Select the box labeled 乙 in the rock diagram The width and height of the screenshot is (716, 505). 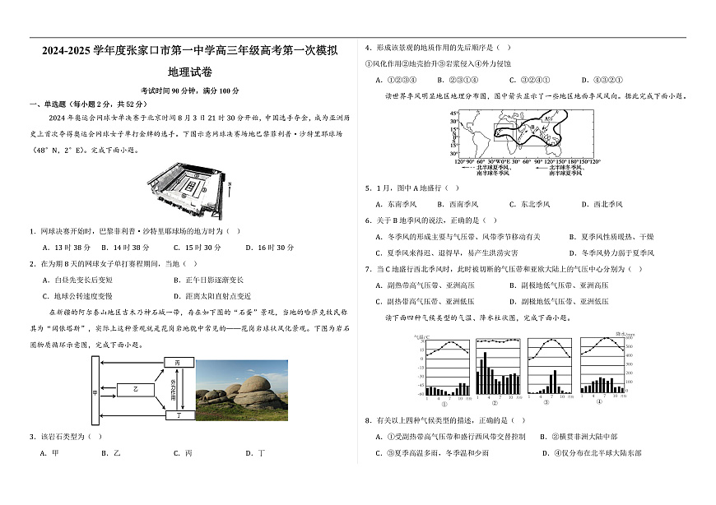pos(136,388)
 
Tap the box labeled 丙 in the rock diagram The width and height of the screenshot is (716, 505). pos(178,363)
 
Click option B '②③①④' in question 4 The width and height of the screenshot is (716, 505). pos(452,80)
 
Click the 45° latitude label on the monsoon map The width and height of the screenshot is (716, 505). pos(453,121)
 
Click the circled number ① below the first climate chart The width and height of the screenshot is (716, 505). pos(445,403)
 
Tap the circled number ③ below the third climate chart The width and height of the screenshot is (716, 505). pos(547,403)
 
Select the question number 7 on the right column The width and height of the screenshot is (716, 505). pos(367,269)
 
